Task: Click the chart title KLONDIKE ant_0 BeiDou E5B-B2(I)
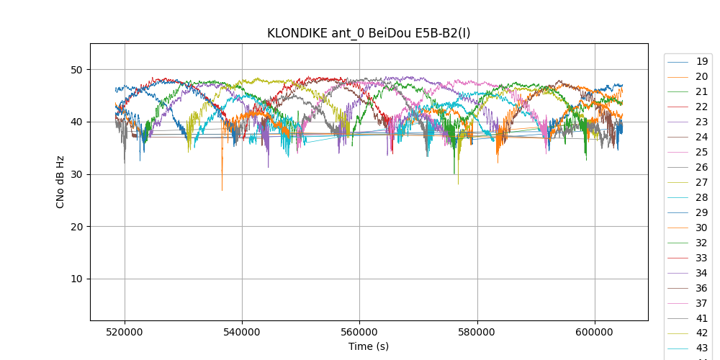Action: [369, 33]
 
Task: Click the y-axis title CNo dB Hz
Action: [60, 181]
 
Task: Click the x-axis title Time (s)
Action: [369, 346]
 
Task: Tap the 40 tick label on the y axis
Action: [76, 122]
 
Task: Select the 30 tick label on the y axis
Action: [76, 174]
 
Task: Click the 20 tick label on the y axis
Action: [76, 227]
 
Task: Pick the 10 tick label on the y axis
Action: [76, 279]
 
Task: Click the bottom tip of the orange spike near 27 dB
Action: [222, 191]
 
